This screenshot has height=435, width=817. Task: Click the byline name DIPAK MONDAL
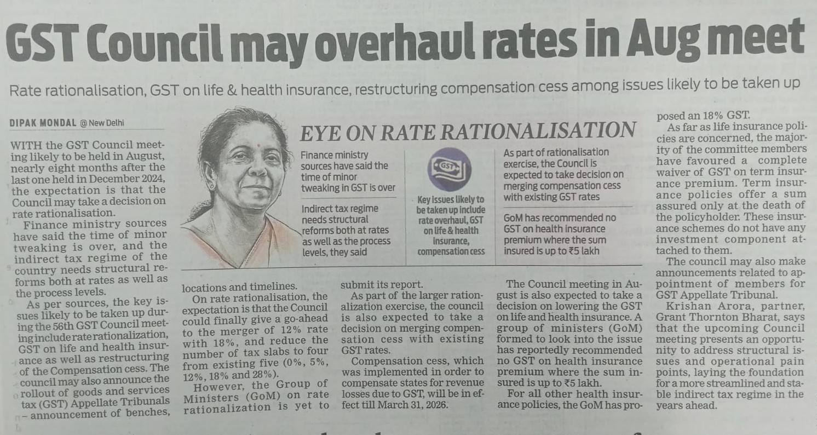43,123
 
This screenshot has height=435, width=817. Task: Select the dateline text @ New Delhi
102,123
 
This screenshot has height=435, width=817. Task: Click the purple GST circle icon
449,169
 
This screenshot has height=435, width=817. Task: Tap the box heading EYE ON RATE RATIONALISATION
467,131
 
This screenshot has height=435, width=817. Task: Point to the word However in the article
214,384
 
